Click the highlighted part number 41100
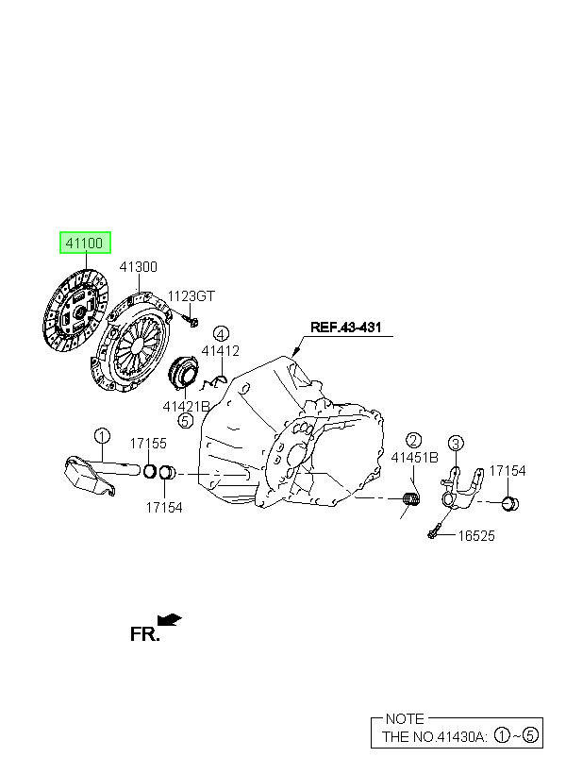85,243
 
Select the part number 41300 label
138,267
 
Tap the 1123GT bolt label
191,296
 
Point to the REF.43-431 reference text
345,328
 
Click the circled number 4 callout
221,334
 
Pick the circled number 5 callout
185,421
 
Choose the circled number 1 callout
102,436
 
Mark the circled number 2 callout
413,440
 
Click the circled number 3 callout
456,443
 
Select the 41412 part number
220,351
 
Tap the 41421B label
186,406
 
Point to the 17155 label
148,444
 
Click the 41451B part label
414,458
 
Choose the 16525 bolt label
476,536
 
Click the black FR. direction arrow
169,619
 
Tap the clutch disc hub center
79,311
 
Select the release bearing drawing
184,372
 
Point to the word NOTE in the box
405,718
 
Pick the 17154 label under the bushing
164,508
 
